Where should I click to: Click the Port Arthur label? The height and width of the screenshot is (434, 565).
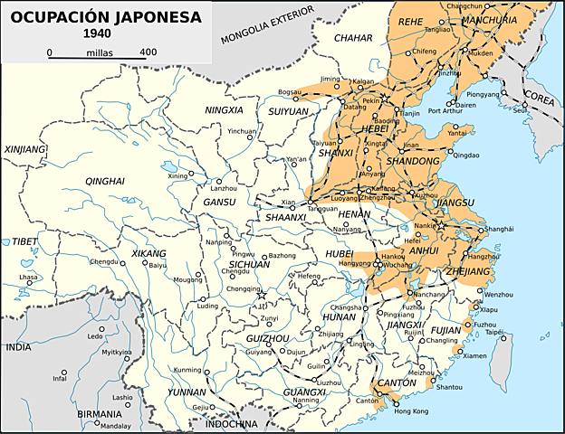(445, 112)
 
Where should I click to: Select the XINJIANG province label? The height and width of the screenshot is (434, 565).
(25, 150)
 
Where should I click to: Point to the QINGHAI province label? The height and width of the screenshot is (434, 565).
(104, 182)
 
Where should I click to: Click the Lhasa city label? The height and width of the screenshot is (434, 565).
(29, 277)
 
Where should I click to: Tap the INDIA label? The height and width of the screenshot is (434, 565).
(18, 346)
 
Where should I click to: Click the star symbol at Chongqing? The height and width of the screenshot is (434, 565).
(262, 294)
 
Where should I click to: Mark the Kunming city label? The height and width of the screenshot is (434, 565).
(187, 370)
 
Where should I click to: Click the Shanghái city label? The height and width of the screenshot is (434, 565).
(499, 229)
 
